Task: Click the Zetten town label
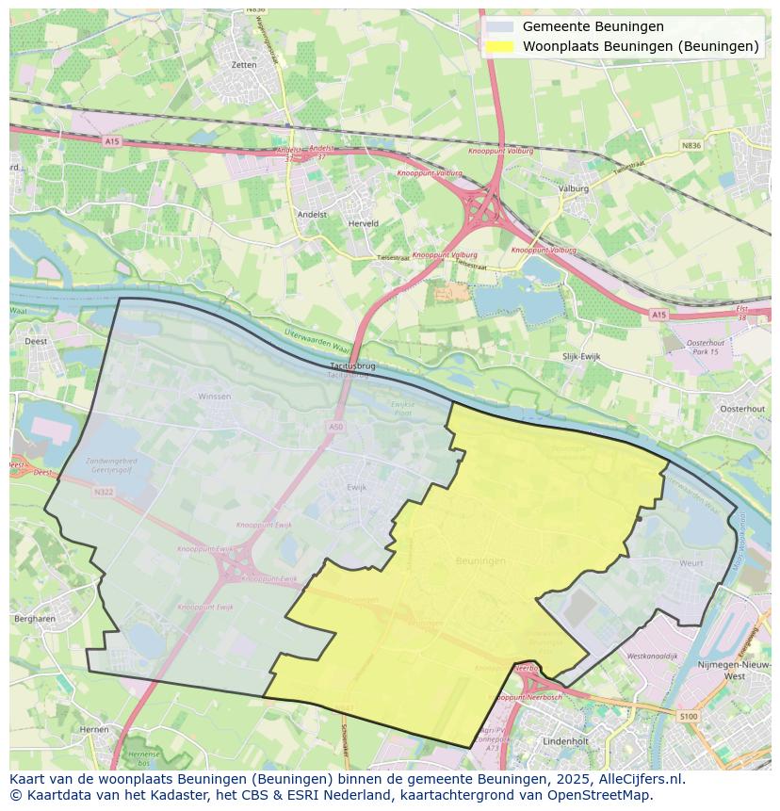click(243, 65)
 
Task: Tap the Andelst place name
click(312, 214)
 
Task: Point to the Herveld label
click(363, 223)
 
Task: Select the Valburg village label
click(573, 188)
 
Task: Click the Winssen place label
click(214, 397)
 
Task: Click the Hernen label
click(94, 729)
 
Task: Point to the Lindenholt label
click(566, 741)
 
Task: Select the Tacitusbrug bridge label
click(353, 365)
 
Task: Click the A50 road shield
click(336, 427)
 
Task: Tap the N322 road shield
click(103, 491)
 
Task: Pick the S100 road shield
click(689, 717)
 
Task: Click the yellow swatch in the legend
click(500, 46)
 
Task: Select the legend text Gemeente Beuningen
click(593, 26)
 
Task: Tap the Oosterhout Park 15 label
click(703, 347)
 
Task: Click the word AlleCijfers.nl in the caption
click(642, 779)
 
